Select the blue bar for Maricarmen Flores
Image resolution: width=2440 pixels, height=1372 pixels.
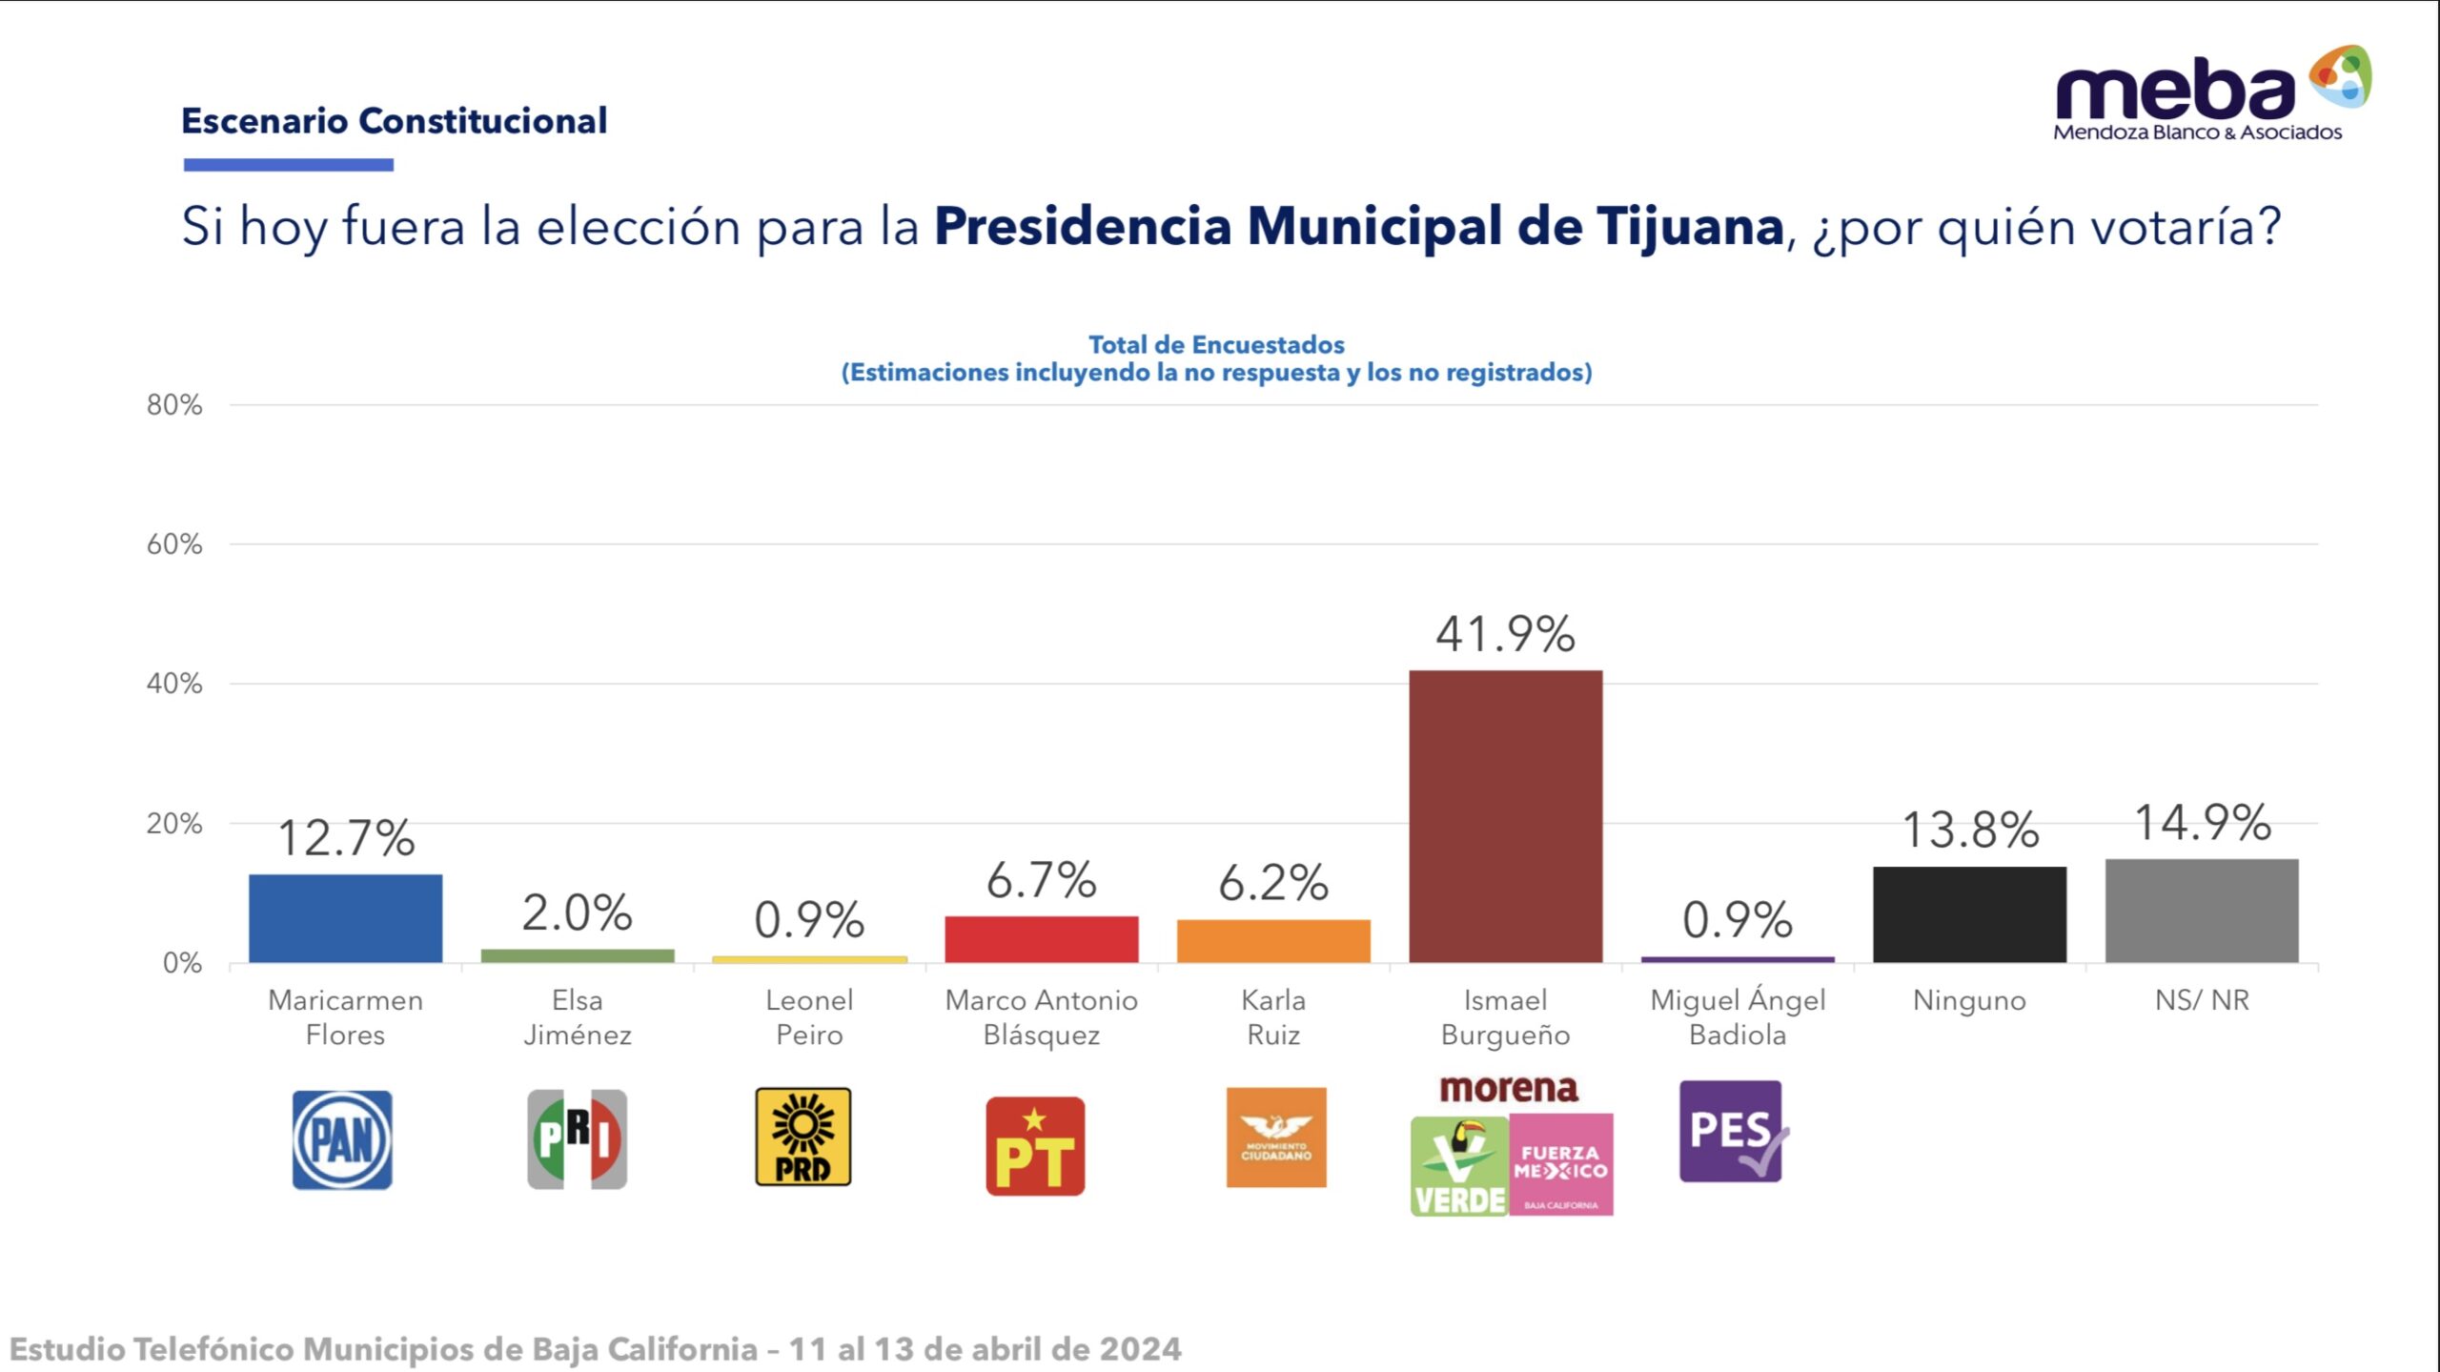click(x=345, y=917)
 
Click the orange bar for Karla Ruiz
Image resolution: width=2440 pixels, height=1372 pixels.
click(x=1273, y=940)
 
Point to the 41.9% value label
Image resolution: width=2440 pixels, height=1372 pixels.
click(x=1505, y=634)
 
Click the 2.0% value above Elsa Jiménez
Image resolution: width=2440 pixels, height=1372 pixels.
click(x=577, y=912)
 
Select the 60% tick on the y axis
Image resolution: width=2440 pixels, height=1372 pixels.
click(x=174, y=544)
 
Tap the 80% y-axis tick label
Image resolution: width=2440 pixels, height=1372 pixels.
click(x=174, y=405)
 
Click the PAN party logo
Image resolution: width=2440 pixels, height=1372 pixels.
click(x=342, y=1139)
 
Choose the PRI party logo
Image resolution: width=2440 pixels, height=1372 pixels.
click(x=577, y=1139)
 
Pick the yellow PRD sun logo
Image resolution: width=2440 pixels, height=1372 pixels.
click(x=803, y=1137)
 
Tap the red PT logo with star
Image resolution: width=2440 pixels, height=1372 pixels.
click(x=1035, y=1146)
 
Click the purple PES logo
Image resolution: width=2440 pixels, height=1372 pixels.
click(x=1731, y=1132)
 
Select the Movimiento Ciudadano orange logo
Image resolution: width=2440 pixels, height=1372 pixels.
click(x=1275, y=1137)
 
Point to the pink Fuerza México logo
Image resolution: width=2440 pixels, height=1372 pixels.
click(x=1561, y=1164)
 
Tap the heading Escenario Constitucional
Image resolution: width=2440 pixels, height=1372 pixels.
click(x=394, y=121)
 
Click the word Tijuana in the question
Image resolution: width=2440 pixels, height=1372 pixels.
click(x=1689, y=227)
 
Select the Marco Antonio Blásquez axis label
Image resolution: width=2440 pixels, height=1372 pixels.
click(x=1041, y=1017)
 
